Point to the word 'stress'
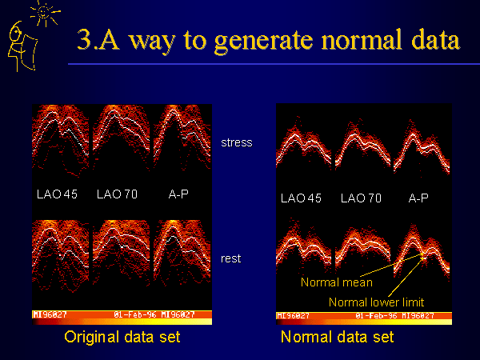point(236,142)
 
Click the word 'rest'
point(231,259)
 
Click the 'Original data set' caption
point(122,337)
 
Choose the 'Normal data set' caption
point(337,337)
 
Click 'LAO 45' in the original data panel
point(58,194)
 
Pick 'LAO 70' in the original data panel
point(117,194)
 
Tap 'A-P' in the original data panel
point(175,194)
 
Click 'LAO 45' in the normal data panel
point(301,198)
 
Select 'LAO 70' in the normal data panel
point(361,198)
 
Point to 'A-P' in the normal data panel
point(418,198)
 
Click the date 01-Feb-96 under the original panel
point(137,314)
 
